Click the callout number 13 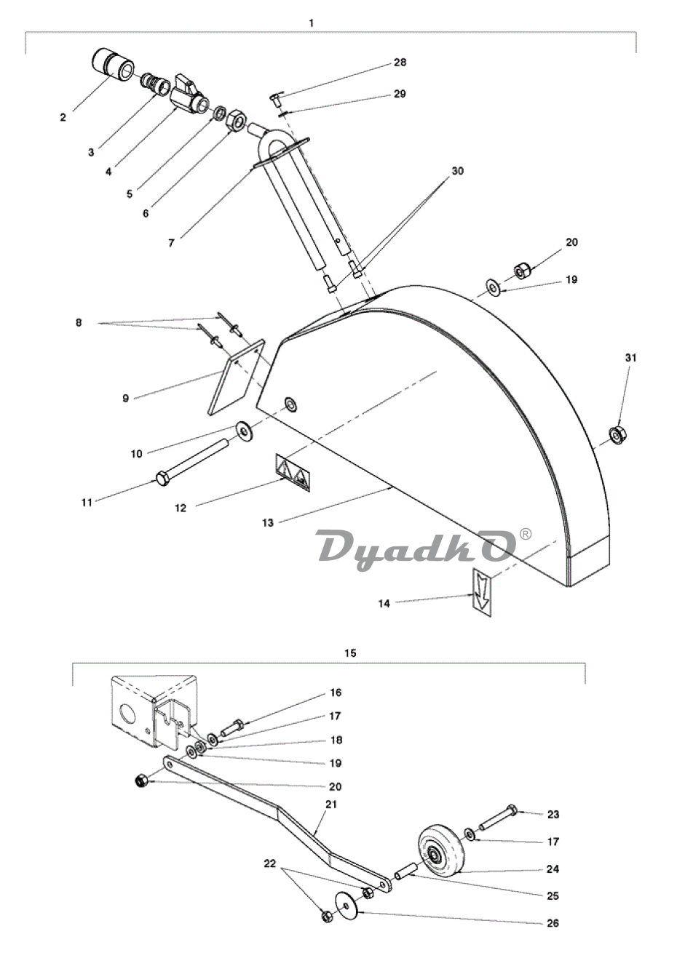268,522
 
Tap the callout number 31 630,357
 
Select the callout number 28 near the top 400,63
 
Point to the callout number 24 553,869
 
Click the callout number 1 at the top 312,23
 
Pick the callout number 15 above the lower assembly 350,653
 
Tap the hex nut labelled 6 237,120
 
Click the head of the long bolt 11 162,479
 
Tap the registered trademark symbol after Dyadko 525,533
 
